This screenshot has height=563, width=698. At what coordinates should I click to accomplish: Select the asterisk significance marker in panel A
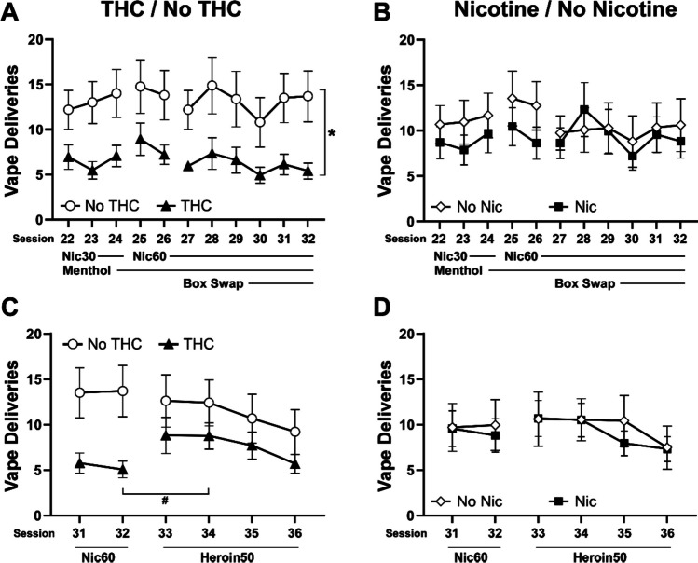(331, 133)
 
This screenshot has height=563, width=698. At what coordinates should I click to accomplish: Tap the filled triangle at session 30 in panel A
(260, 175)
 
